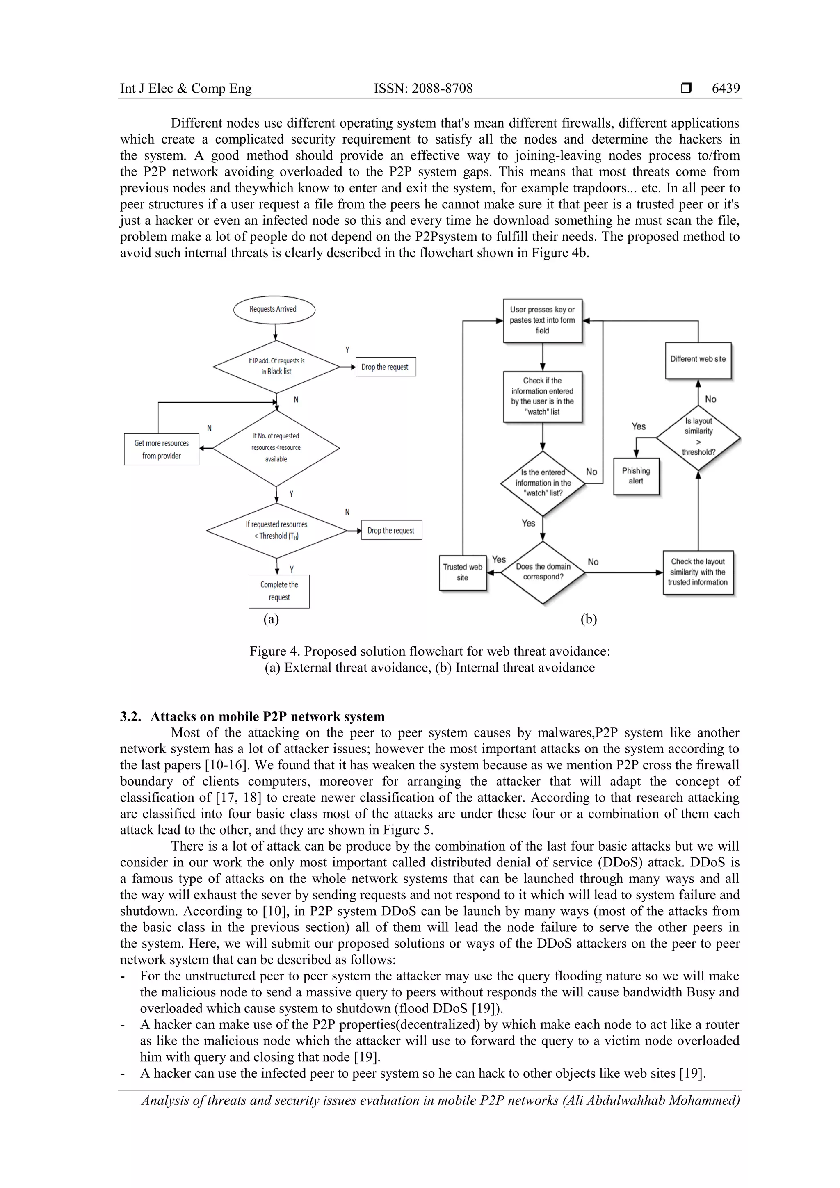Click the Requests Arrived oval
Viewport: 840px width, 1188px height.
[x=274, y=310]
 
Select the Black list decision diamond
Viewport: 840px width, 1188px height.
[x=276, y=366]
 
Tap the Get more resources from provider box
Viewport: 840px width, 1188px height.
[x=162, y=449]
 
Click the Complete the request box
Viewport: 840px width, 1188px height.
[x=279, y=591]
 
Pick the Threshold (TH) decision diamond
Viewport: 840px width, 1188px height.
[x=276, y=530]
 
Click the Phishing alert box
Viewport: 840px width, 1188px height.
[x=636, y=476]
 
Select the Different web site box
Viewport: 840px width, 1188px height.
[x=698, y=360]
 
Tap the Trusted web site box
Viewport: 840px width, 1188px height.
[x=463, y=572]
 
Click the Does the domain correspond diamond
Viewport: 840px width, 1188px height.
[x=543, y=572]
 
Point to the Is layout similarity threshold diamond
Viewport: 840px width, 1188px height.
[x=698, y=437]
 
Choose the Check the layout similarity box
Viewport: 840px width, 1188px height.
[x=698, y=572]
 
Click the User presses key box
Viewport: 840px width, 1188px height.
[x=542, y=320]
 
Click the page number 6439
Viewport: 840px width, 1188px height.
[x=726, y=89]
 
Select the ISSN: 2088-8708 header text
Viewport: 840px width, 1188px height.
[x=423, y=89]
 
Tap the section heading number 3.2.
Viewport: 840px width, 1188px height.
[x=130, y=717]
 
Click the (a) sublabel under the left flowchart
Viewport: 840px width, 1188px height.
[x=271, y=619]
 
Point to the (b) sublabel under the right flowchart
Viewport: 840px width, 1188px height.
[x=589, y=619]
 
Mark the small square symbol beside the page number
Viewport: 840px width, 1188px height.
[x=686, y=89]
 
